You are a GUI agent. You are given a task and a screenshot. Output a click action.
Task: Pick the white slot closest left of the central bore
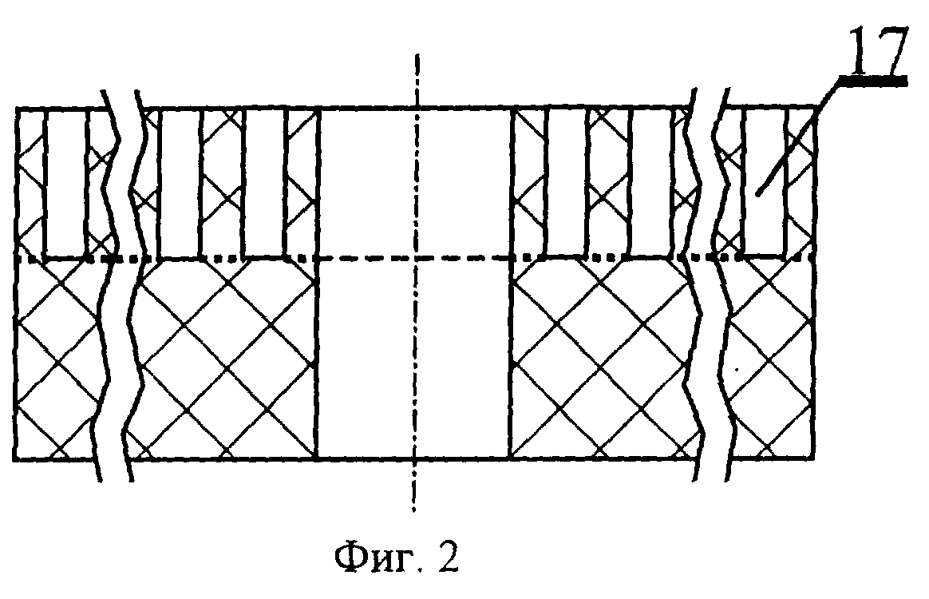click(264, 182)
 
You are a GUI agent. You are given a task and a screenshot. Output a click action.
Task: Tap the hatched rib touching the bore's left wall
click(302, 182)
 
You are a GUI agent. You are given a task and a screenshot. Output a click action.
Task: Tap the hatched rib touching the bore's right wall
click(528, 182)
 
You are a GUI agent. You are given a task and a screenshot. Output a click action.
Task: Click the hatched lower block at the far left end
click(56, 359)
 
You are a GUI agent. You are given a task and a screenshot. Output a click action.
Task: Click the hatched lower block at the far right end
click(770, 359)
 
